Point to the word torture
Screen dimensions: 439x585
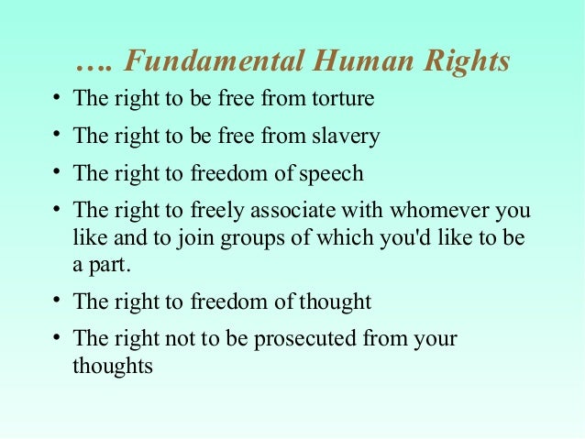pos(344,99)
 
